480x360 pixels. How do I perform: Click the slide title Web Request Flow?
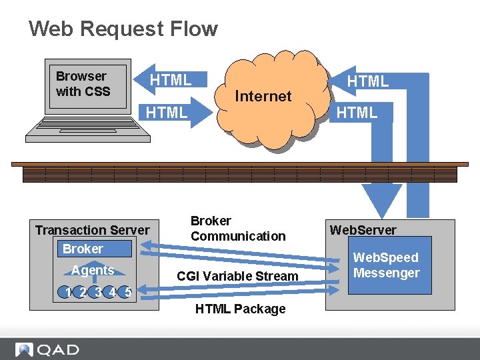click(x=123, y=29)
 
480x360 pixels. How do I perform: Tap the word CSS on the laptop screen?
click(x=97, y=91)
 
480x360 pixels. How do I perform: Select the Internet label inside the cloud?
click(x=263, y=96)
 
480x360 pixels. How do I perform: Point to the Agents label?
click(x=93, y=270)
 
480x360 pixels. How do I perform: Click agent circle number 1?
click(x=67, y=291)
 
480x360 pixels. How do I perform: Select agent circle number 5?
click(x=127, y=291)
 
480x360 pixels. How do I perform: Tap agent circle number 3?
click(x=97, y=291)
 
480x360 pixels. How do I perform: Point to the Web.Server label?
click(x=363, y=230)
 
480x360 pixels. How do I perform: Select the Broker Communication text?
click(x=237, y=228)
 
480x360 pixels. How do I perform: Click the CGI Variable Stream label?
click(x=237, y=276)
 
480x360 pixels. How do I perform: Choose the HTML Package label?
click(x=240, y=309)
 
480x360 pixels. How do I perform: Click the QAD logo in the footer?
click(x=48, y=349)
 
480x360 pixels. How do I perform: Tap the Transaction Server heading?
click(x=92, y=230)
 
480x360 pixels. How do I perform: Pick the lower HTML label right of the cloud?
click(x=357, y=113)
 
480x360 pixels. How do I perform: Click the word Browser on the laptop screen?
click(x=81, y=76)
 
